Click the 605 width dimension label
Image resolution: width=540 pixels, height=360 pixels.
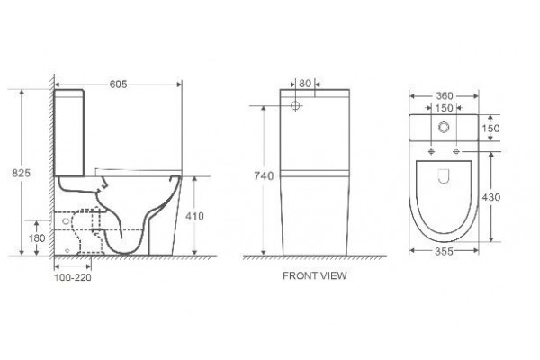(x=118, y=85)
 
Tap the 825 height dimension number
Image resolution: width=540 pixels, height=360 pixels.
(x=22, y=173)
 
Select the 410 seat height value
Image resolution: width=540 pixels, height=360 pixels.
(x=194, y=216)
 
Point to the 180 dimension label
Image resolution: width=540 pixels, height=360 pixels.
(x=37, y=238)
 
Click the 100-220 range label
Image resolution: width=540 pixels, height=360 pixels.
(x=73, y=277)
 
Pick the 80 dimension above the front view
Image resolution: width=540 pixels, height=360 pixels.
(x=305, y=84)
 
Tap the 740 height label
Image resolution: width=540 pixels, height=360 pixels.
(x=264, y=176)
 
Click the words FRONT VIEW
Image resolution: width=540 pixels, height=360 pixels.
(x=315, y=275)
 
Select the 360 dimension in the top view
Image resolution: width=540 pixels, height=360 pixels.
(x=445, y=96)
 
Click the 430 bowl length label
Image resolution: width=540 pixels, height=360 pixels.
(x=490, y=197)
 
